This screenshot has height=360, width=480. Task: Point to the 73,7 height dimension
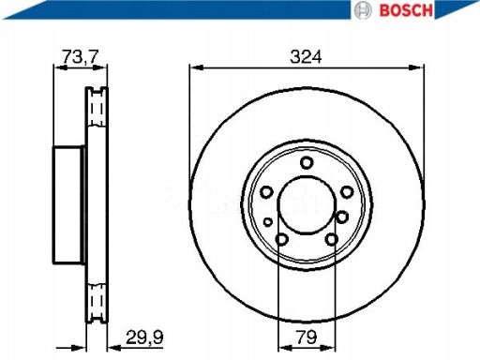pyautogui.click(x=81, y=56)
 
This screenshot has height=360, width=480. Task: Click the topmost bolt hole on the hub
pyautogui.click(x=307, y=164)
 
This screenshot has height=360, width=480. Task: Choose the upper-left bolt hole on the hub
pyautogui.click(x=266, y=192)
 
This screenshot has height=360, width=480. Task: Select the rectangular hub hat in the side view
pyautogui.click(x=67, y=206)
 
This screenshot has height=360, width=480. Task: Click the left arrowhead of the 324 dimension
pyautogui.click(x=194, y=67)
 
